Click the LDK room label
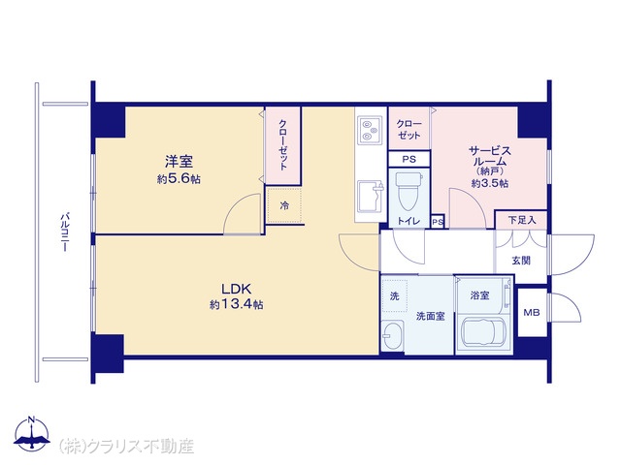pos(237,289)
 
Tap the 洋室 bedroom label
pos(179,162)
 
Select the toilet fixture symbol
pos(409,191)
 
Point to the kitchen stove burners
pos(371,130)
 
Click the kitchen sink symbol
pos(371,197)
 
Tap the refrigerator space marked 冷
pos(284,205)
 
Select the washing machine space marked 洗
pos(395,295)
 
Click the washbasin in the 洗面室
pos(392,336)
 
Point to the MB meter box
pos(532,312)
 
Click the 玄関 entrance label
pos(521,261)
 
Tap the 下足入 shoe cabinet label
pos(522,220)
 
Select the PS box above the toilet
pos(409,159)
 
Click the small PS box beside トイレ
pos(438,222)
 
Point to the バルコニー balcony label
pos(64,232)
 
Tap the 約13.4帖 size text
pos(237,304)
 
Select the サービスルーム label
pos(490,156)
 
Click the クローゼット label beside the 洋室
pos(282,144)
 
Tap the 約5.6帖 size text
pos(179,178)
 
